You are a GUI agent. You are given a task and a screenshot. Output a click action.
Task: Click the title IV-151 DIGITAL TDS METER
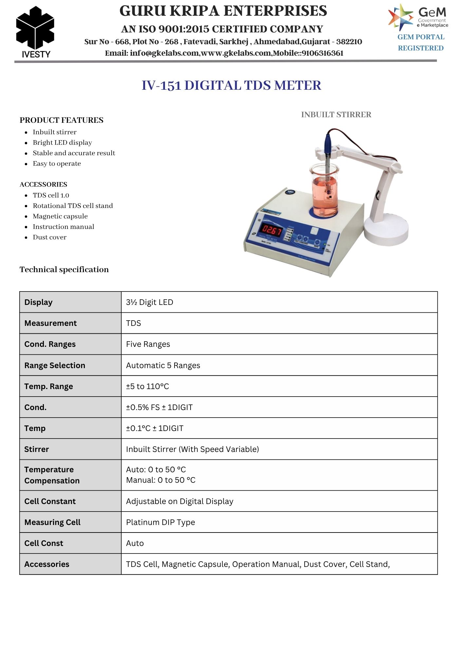point(231,85)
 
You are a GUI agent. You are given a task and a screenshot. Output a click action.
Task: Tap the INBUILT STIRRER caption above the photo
point(336,115)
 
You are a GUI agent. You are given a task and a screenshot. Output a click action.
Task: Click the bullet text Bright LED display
point(62,142)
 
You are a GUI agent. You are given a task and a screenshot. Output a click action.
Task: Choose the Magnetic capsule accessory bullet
point(60,216)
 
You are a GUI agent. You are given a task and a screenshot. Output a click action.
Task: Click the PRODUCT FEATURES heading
point(61,120)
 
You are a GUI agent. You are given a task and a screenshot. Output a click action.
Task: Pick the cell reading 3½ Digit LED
point(150,302)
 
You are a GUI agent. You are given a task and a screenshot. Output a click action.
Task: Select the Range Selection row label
point(55,365)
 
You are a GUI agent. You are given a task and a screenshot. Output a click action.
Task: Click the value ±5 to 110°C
point(147,386)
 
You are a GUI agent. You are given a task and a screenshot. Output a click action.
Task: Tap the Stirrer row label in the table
point(36,449)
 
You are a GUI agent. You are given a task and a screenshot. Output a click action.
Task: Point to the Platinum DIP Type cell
point(160,522)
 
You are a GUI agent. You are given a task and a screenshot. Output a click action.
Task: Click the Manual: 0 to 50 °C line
point(161,480)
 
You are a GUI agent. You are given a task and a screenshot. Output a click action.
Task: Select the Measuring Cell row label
point(52,522)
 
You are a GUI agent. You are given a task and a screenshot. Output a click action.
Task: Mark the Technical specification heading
point(64,270)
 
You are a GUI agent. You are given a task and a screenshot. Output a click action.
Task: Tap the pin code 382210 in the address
point(349,42)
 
